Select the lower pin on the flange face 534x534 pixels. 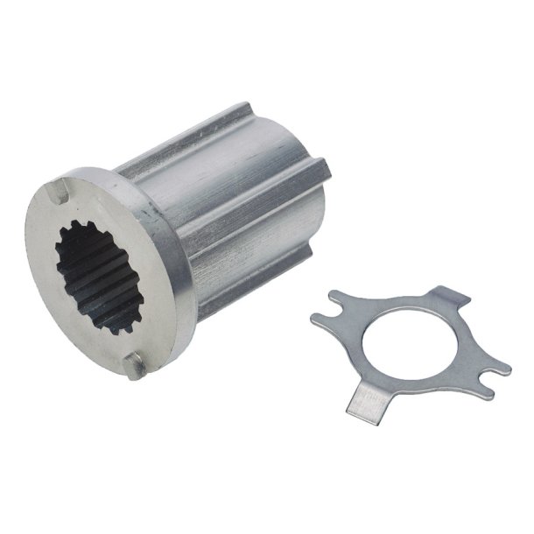(136, 365)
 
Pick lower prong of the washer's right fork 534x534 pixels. (495, 370)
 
